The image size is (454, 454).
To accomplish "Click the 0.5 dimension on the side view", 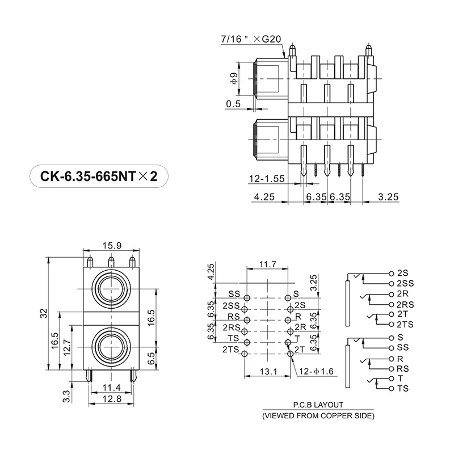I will [233, 104].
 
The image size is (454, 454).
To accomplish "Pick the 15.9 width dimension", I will [111, 246].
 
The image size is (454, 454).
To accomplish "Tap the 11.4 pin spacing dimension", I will [111, 388].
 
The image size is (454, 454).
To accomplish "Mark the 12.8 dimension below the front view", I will [111, 400].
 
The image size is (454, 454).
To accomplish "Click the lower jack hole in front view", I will [111, 347].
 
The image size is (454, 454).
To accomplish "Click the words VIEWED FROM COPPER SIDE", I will [318, 416].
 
